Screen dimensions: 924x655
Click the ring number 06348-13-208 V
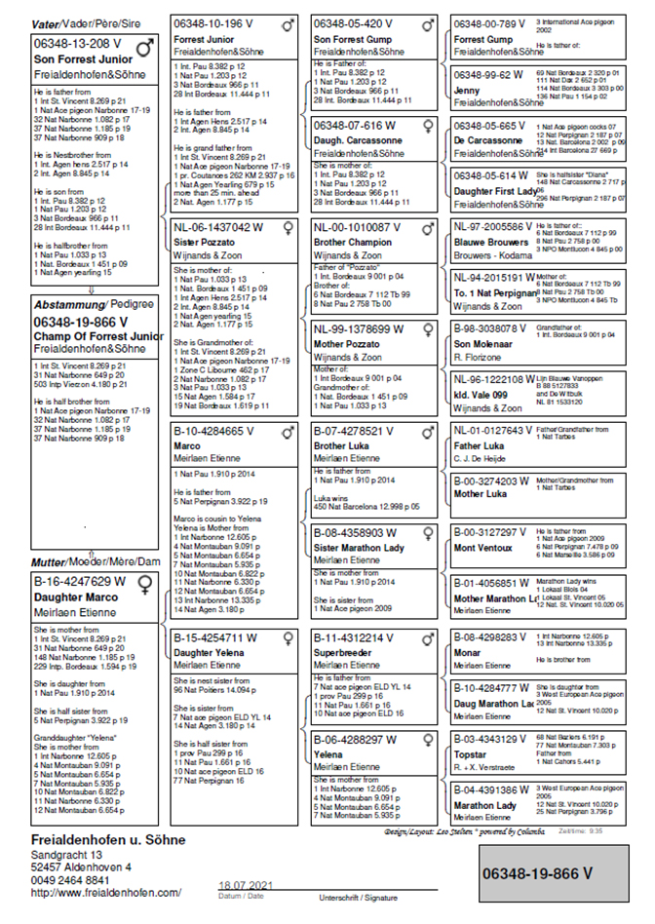click(x=78, y=43)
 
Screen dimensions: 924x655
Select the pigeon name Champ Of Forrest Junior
click(x=98, y=336)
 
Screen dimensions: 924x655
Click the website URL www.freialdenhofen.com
click(x=106, y=892)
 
